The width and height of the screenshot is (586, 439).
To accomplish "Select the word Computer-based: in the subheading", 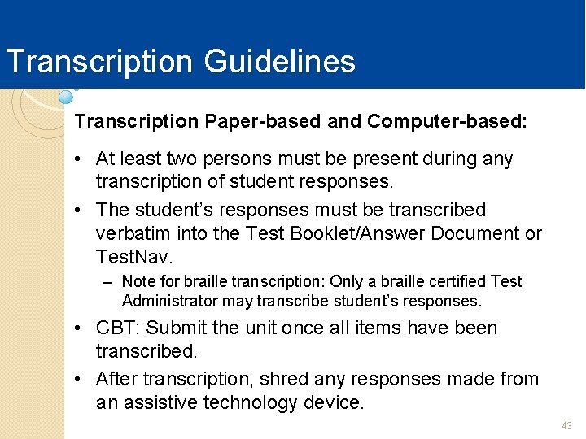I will [x=447, y=122].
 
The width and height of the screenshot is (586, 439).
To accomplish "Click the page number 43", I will [x=567, y=426].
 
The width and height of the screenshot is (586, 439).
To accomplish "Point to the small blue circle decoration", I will [x=66, y=97].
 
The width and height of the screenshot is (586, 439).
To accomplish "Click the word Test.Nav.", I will [x=133, y=258].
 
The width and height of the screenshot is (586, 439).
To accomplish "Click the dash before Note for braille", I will [x=108, y=282].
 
